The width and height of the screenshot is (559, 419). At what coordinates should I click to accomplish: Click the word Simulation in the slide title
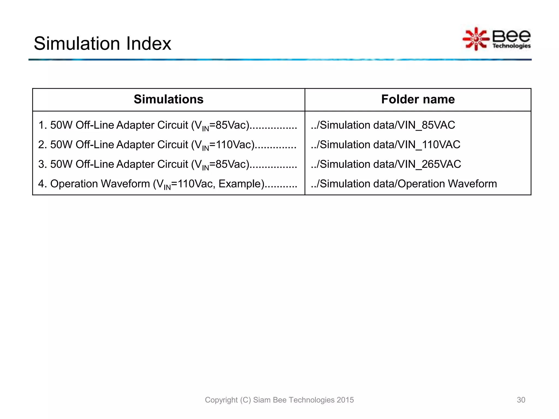(x=77, y=44)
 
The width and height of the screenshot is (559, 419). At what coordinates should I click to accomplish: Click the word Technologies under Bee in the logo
(x=511, y=46)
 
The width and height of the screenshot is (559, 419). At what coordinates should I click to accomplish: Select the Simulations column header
(x=168, y=99)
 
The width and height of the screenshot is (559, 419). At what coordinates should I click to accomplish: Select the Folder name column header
(x=418, y=99)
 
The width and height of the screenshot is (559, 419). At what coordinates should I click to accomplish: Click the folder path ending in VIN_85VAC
(x=383, y=125)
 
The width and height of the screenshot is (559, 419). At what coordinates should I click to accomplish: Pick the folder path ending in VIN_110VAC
(x=385, y=145)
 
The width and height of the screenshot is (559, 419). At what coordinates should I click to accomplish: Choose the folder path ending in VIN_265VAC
(x=386, y=164)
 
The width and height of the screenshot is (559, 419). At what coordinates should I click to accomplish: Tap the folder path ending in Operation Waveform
(x=404, y=184)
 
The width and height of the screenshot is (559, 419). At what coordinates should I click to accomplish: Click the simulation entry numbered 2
(x=167, y=145)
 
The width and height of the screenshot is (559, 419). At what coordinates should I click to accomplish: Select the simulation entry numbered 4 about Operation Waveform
(x=167, y=184)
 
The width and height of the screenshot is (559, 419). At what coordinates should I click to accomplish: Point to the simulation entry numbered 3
(x=167, y=164)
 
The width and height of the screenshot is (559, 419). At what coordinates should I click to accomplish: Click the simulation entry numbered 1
(x=167, y=125)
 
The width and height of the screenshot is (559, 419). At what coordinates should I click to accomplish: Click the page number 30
(x=521, y=400)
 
